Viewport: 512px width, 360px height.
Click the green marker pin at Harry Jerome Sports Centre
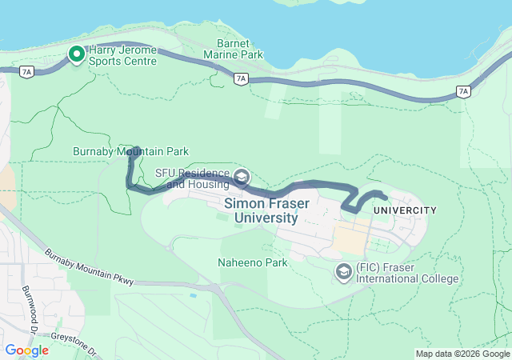pyautogui.click(x=77, y=54)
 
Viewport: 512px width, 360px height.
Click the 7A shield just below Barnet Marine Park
pyautogui.click(x=241, y=78)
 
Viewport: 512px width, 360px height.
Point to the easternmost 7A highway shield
pyautogui.click(x=463, y=92)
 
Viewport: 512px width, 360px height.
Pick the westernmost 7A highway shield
pyautogui.click(x=27, y=72)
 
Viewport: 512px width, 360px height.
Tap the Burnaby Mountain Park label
pyautogui.click(x=130, y=150)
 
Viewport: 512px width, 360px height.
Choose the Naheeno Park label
pyautogui.click(x=252, y=262)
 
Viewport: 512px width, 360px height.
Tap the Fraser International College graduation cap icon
pyautogui.click(x=344, y=272)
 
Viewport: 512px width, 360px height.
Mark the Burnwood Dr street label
pyautogui.click(x=30, y=301)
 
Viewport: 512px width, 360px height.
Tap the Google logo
pyautogui.click(x=26, y=350)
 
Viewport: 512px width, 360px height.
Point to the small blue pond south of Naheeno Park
pyautogui.click(x=193, y=296)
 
